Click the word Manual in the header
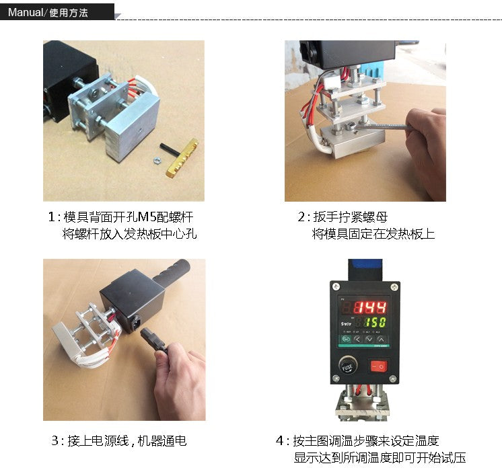tap(25, 13)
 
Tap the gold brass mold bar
tap(182, 158)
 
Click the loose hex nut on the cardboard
tap(157, 159)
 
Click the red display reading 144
tap(370, 308)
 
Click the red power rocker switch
tap(379, 366)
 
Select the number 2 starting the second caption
tap(301, 217)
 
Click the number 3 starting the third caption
tap(55, 441)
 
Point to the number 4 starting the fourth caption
tap(280, 441)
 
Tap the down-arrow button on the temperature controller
tap(369, 340)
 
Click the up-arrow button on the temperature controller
tap(381, 340)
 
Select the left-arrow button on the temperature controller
tap(357, 340)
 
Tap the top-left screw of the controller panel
tap(336, 287)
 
